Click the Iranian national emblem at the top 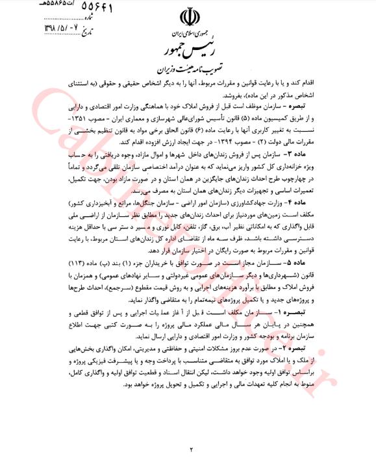(x=188, y=17)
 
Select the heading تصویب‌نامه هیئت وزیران (x=188, y=68)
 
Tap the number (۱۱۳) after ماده (x=51, y=263)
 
